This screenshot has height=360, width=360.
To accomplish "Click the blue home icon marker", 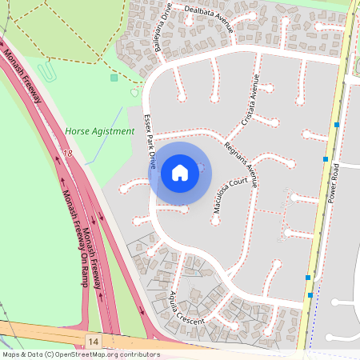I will [179, 172].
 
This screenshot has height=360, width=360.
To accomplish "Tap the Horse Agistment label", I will [99, 131].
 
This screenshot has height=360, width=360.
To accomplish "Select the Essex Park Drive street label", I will [149, 140].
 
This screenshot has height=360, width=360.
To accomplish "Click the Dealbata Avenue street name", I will [206, 17].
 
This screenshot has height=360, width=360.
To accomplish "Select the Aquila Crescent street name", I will [186, 309].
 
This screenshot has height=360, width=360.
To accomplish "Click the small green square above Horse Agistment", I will [114, 78].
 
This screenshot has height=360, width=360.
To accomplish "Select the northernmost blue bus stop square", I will [337, 125].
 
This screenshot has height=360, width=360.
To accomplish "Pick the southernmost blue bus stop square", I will [310, 295].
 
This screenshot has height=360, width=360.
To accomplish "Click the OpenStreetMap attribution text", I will [80, 354].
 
